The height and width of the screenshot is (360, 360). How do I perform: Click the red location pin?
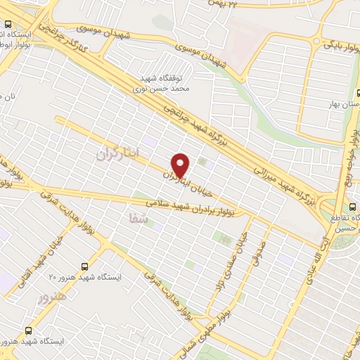(x=181, y=165)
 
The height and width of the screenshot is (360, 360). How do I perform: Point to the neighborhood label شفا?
(x=139, y=219)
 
